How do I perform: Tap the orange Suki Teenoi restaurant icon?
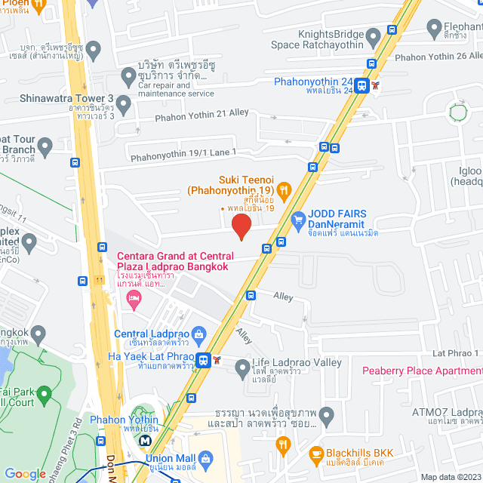click(x=285, y=189)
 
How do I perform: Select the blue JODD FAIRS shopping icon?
click(x=298, y=220)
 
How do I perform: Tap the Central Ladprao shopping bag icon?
click(x=199, y=334)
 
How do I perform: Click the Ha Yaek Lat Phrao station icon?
click(x=202, y=361)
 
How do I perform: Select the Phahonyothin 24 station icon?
click(x=363, y=86)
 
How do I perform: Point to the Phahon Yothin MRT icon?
click(x=144, y=438)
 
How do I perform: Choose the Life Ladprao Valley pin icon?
click(x=242, y=369)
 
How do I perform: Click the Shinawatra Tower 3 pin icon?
click(x=124, y=106)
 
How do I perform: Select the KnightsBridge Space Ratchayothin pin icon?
click(x=373, y=36)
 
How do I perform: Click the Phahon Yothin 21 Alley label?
click(x=202, y=114)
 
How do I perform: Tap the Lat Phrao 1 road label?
click(x=456, y=353)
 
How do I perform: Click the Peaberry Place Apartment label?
click(x=422, y=371)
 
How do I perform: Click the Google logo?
click(x=25, y=473)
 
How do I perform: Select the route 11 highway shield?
click(x=100, y=281)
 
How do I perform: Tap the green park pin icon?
click(x=44, y=393)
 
